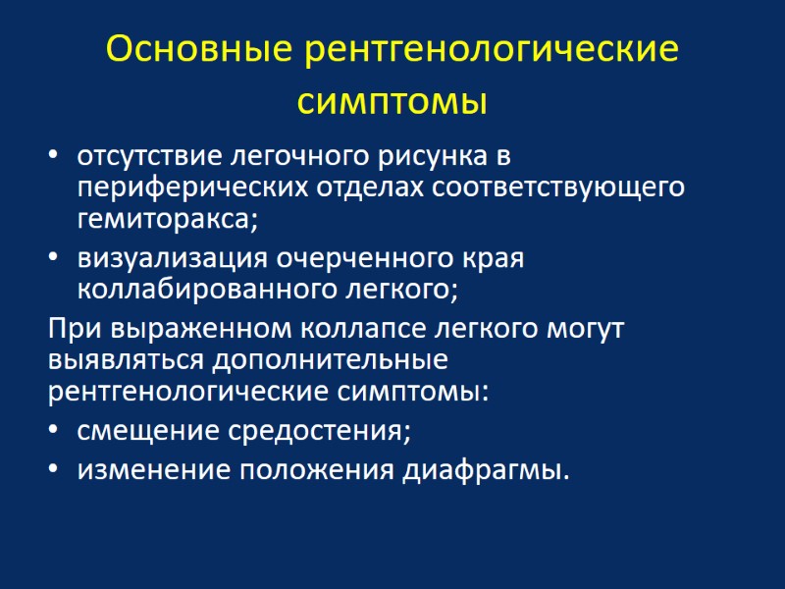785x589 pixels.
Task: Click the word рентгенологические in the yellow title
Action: (492, 49)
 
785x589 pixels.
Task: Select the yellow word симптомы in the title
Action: (392, 101)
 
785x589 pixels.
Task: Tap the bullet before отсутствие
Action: (53, 157)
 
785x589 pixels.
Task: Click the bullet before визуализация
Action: (53, 260)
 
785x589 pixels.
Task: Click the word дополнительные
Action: (329, 359)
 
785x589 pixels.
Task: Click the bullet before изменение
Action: (53, 471)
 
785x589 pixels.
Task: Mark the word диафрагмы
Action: (485, 471)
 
